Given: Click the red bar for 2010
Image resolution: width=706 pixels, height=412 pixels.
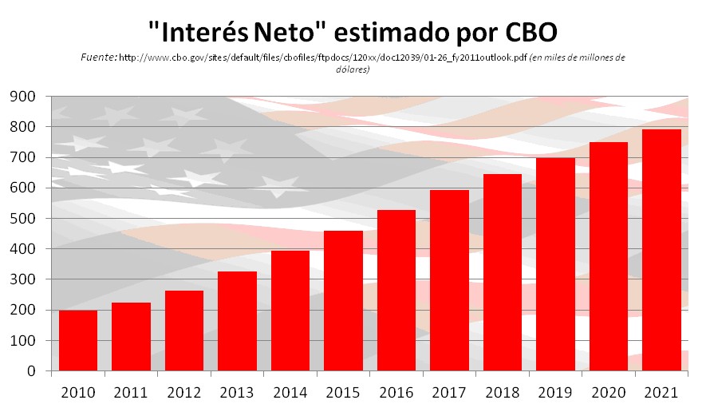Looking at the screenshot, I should [78, 341].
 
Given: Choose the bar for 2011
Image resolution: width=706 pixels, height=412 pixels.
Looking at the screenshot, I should [131, 337].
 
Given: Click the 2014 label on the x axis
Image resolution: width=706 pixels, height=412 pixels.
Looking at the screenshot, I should [290, 393].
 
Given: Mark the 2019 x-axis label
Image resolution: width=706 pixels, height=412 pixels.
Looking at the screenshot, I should [555, 393].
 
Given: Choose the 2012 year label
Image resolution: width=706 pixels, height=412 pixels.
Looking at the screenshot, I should [183, 393].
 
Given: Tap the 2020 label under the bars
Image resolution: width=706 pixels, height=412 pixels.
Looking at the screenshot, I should [608, 393].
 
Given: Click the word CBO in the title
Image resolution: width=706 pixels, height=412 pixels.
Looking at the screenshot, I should [531, 32].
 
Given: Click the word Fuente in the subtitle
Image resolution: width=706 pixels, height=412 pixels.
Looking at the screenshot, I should [98, 57].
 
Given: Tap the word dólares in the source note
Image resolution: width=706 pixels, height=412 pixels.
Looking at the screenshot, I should [353, 69].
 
